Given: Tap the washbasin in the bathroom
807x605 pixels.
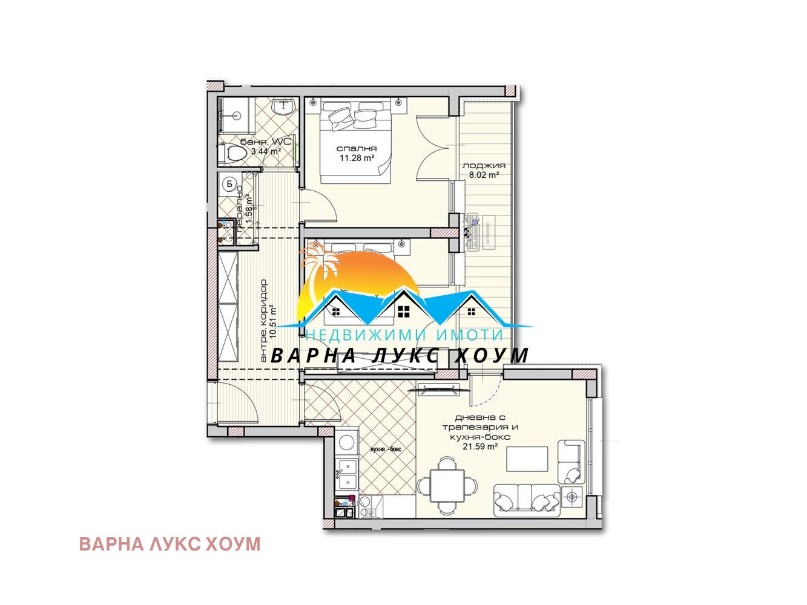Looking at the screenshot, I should [283, 107].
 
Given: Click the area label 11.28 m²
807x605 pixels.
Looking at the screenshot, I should [357, 158].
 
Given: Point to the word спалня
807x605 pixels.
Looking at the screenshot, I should [357, 148].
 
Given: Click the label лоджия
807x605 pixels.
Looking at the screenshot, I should [483, 165].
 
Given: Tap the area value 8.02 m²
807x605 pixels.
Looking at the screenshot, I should [483, 175].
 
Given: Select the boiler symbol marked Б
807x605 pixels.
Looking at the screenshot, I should [229, 183].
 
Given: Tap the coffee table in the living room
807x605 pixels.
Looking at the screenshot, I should [527, 459].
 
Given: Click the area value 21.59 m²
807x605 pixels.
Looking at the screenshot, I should [480, 446].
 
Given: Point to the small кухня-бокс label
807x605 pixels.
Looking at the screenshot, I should [386, 449].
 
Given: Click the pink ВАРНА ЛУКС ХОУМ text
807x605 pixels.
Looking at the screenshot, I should [170, 544].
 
